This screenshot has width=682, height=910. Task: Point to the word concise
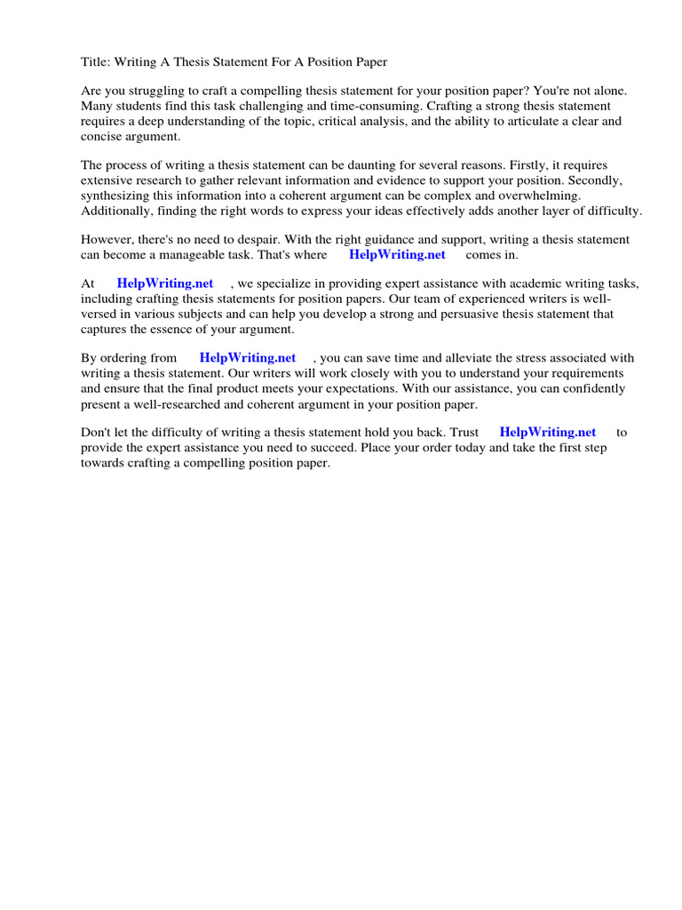tap(102, 136)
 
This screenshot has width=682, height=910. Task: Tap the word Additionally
tap(115, 211)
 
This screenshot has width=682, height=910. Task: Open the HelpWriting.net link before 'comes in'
tap(397, 255)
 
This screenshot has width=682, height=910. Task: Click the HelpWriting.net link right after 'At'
tap(165, 284)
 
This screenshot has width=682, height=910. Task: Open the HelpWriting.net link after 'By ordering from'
tap(248, 358)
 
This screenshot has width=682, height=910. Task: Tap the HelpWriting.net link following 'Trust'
tap(547, 433)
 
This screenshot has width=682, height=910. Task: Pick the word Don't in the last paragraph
tap(97, 433)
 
